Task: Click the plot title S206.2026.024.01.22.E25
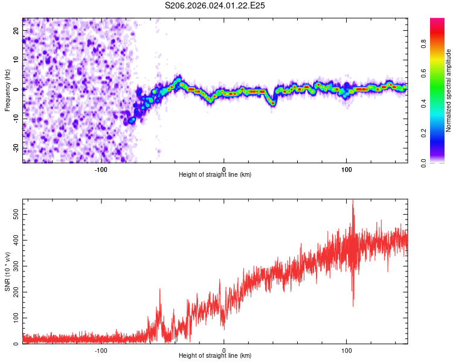[216, 5]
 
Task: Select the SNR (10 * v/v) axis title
[8, 271]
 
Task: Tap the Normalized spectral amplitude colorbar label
[449, 91]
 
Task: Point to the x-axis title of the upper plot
[215, 174]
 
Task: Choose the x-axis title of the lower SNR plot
[215, 355]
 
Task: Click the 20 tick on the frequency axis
[16, 30]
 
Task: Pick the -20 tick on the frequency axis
[15, 148]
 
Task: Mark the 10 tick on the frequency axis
[16, 59]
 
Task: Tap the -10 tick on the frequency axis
[15, 118]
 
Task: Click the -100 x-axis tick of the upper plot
[101, 168]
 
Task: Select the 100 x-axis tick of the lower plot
[347, 349]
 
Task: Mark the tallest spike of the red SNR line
[353, 201]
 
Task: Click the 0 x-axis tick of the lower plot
[224, 349]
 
